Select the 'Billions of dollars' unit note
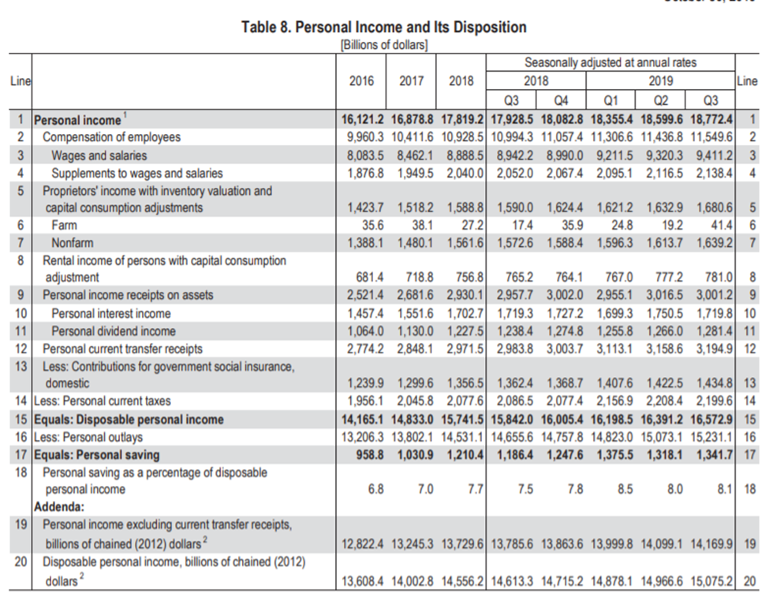click(383, 45)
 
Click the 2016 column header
click(361, 81)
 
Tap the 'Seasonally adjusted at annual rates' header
click(610, 63)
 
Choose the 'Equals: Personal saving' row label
click(96, 454)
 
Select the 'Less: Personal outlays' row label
click(88, 437)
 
